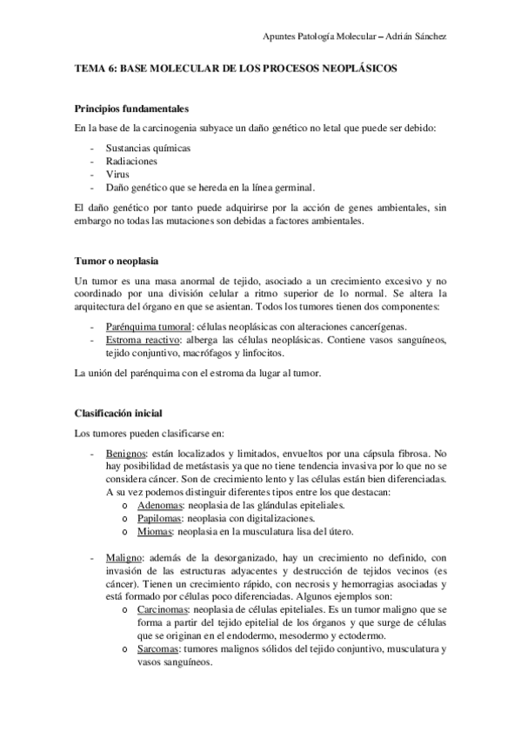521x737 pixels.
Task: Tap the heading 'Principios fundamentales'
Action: click(130, 110)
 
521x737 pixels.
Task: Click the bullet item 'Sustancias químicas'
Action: click(147, 148)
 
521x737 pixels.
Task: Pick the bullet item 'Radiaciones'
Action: click(131, 161)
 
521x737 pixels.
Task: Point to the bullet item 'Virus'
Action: click(117, 174)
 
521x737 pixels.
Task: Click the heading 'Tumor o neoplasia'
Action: click(116, 260)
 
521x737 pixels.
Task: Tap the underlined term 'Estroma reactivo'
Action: click(141, 338)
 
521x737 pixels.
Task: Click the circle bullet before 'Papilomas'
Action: click(127, 518)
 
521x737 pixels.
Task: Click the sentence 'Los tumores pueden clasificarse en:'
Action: click(150, 432)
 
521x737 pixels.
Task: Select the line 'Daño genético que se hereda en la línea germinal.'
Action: click(210, 187)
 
